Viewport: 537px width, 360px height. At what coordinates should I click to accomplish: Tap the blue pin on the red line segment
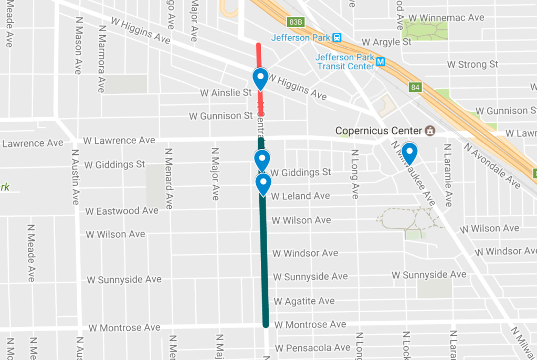click(260, 79)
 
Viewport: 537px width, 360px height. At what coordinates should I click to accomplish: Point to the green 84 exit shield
click(415, 87)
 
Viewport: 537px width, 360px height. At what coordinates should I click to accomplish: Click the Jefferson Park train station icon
click(337, 38)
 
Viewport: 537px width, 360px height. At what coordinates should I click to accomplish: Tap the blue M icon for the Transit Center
click(381, 62)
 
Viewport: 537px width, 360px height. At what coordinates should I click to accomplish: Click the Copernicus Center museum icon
click(430, 130)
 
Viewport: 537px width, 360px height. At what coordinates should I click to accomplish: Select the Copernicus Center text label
click(379, 131)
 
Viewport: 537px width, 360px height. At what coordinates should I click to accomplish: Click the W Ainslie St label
click(226, 93)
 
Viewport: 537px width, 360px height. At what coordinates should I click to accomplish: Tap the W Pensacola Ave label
click(312, 348)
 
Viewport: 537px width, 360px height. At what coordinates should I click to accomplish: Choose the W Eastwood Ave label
click(122, 211)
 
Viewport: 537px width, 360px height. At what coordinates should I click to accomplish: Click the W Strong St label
click(472, 65)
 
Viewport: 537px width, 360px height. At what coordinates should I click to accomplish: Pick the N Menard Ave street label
click(169, 178)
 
